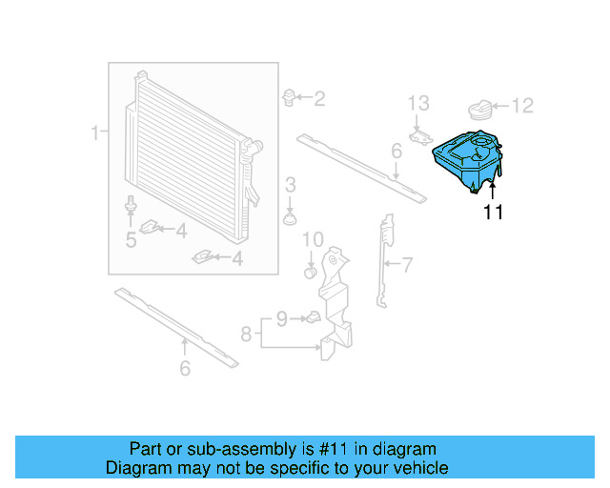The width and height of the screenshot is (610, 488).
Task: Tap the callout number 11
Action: point(493,213)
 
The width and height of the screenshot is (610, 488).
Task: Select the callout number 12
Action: point(523,106)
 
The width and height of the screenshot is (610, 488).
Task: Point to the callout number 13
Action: point(419,102)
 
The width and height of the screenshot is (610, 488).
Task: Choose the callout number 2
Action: point(319,97)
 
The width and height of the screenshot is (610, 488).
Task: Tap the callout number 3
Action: point(291,183)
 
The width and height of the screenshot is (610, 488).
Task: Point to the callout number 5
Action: point(131,240)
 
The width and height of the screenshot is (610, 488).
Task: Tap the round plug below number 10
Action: point(310,273)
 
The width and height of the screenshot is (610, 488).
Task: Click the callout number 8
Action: point(247,334)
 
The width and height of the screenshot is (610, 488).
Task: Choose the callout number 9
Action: point(281,317)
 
